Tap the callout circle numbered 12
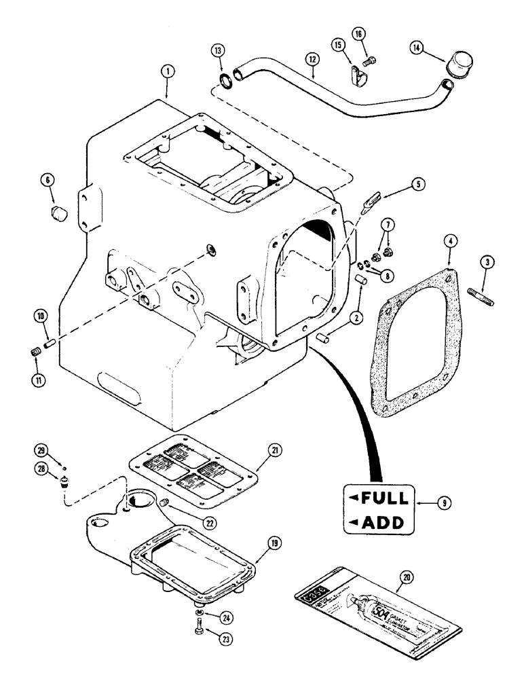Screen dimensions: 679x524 click(x=312, y=59)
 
